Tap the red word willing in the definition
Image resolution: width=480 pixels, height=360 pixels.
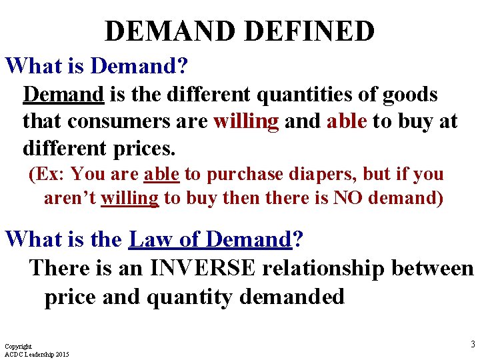point(246,121)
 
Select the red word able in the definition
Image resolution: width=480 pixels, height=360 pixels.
point(347,121)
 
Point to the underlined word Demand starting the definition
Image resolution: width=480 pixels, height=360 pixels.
point(63,95)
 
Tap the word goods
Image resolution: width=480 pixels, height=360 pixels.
point(410,95)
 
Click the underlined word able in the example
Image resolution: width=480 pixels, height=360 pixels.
point(161,175)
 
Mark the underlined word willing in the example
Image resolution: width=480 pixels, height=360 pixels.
point(129,199)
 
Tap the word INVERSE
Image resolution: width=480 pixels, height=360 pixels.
point(203,268)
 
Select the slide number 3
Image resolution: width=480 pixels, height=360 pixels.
point(473,344)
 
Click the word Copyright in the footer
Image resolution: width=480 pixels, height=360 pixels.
point(18,347)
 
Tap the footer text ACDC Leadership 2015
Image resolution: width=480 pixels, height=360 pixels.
point(37,354)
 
